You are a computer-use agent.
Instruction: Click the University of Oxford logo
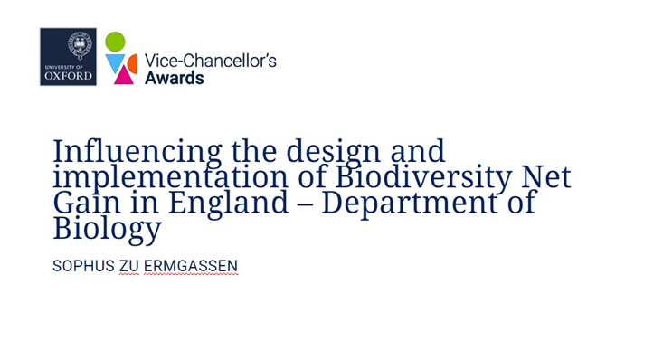coord(68,57)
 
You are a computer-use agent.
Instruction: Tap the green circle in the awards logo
coord(115,42)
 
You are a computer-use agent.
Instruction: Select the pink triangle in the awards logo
coord(123,74)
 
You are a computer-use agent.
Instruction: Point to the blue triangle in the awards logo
coord(115,62)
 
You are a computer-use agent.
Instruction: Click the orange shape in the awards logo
coord(132,62)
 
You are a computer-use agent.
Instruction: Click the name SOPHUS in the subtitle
coord(83,267)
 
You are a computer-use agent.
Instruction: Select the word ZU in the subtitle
coord(129,267)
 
